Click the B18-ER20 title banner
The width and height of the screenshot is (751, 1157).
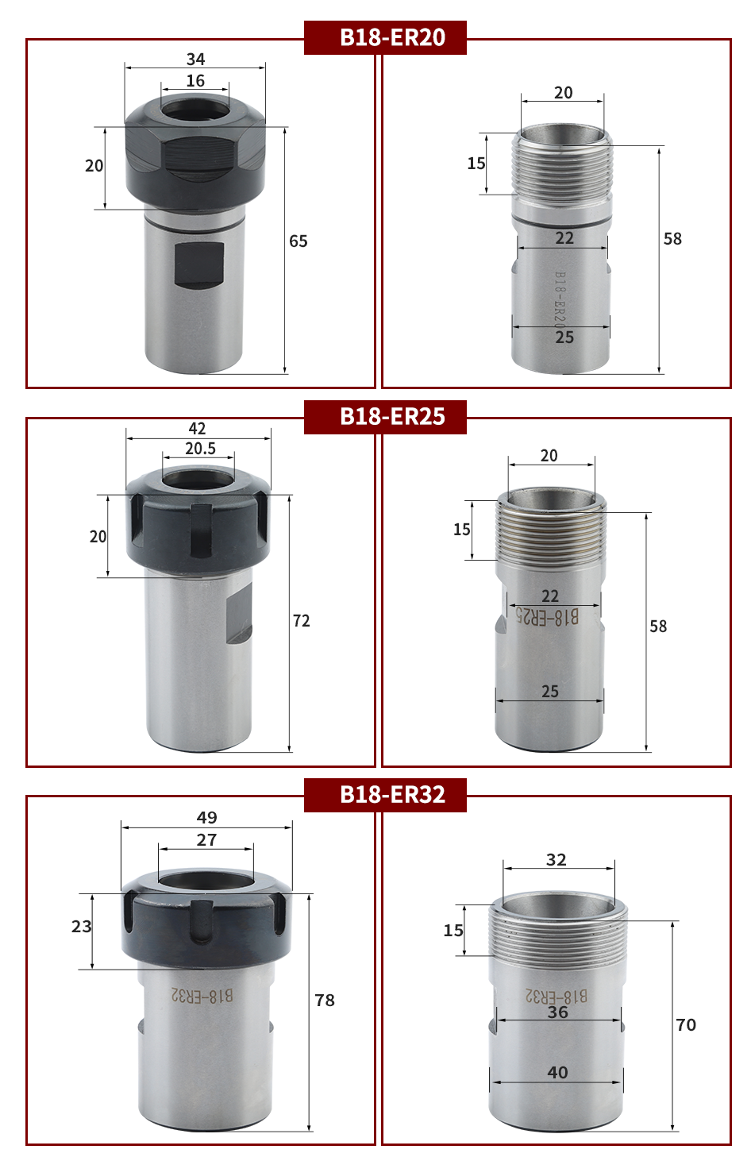[x=385, y=37]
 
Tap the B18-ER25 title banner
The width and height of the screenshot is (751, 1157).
[x=385, y=416]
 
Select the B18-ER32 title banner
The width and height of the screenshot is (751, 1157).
[x=385, y=795]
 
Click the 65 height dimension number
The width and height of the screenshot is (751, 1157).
[x=298, y=241]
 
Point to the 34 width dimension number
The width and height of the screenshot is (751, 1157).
[x=196, y=60]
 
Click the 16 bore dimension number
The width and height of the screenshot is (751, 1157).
[x=195, y=81]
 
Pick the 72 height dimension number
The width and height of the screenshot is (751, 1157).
[x=301, y=620]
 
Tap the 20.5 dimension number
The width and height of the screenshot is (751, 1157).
[x=200, y=449]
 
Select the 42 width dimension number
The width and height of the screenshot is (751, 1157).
[x=197, y=428]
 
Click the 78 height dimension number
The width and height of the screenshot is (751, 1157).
[x=325, y=1001]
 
